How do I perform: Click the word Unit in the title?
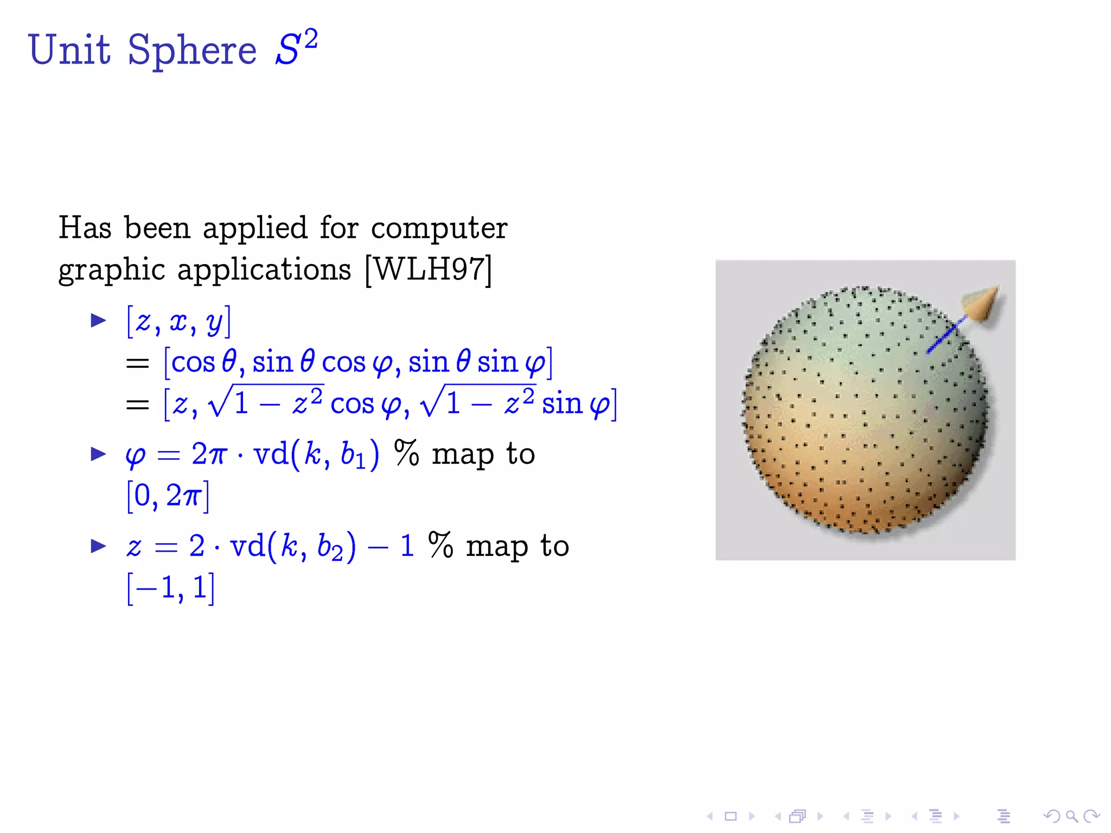coord(69,50)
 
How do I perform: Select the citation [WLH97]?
coord(429,269)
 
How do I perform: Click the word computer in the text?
coord(439,228)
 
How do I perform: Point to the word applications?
coord(264,269)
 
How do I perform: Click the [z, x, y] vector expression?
coord(178,322)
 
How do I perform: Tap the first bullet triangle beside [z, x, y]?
coord(98,321)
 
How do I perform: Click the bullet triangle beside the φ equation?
coord(98,453)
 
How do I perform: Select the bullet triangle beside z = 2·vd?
coord(98,546)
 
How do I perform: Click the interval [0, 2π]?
coord(168,495)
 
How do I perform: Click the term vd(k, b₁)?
coord(316,454)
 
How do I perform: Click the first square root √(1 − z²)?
coord(266,402)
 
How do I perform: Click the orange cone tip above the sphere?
coord(983,303)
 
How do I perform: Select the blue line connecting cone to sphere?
coord(946,335)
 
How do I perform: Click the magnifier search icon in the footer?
coord(1071,816)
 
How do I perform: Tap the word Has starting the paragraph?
coord(85,228)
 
